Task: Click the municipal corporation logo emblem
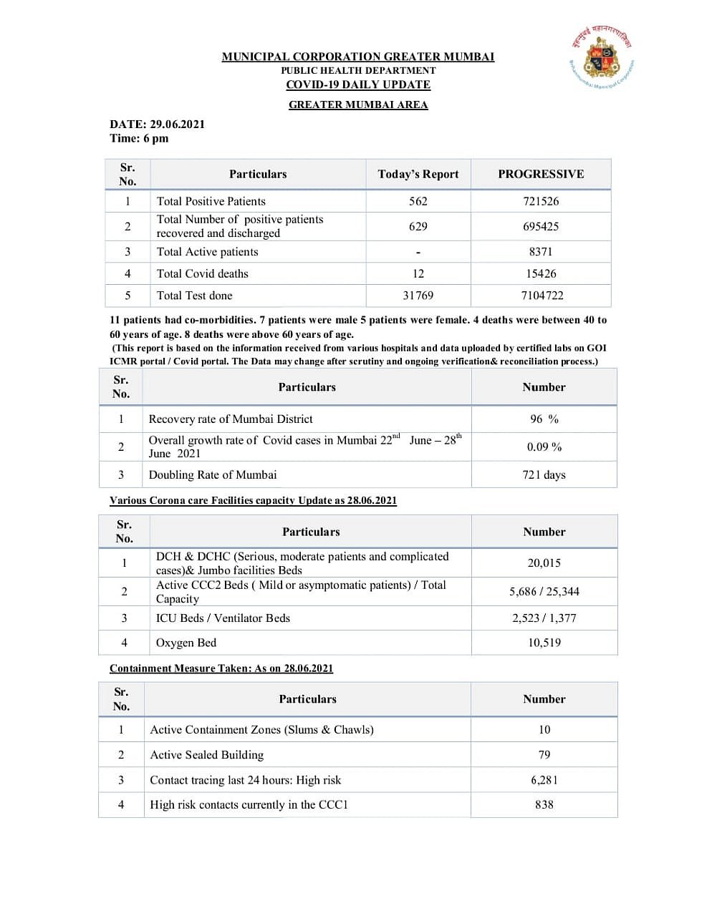pos(602,60)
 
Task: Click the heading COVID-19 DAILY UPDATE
pos(358,84)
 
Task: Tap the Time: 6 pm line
pos(139,138)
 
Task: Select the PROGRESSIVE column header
pos(541,174)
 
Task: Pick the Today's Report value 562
pos(418,201)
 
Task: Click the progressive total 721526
pos(541,201)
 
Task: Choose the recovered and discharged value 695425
pos(541,226)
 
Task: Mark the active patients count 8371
pos(541,251)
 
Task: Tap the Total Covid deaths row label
pos(203,273)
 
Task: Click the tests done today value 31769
pos(418,296)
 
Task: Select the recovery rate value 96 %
pos(544,419)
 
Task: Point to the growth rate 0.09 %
pos(544,447)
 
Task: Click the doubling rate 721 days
pos(544,474)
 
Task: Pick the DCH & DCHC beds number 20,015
pos(544,563)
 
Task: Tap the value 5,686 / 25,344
pos(544,591)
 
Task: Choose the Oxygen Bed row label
pos(186,643)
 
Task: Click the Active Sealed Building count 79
pos(544,754)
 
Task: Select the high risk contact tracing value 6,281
pos(544,780)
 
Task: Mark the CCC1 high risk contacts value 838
pos(544,804)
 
